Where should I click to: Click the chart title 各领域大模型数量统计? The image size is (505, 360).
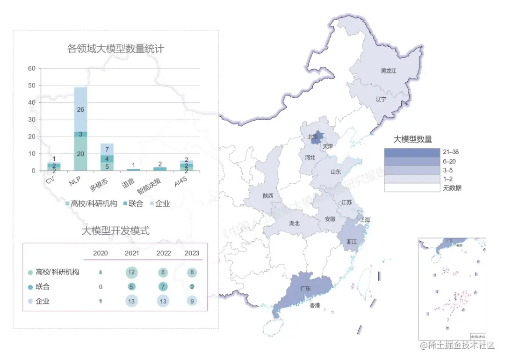(115, 49)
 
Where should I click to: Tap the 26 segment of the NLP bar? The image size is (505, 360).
(80, 109)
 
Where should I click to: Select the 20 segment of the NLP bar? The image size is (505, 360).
(80, 154)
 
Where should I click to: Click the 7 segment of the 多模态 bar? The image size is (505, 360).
(107, 150)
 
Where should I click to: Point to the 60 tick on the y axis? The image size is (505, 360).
(32, 68)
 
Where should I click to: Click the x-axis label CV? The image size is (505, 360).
(50, 180)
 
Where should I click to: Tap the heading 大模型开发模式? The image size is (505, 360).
(115, 230)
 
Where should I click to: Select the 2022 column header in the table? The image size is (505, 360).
(164, 253)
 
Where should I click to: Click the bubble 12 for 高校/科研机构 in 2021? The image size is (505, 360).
(131, 273)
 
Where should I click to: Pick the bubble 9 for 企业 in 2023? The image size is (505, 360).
(192, 302)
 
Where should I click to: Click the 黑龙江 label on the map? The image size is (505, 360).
(388, 71)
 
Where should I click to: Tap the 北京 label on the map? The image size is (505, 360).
(312, 137)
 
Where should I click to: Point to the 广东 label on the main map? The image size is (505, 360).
(305, 288)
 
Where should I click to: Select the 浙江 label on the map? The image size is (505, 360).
(352, 242)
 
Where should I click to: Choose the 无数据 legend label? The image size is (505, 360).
(452, 188)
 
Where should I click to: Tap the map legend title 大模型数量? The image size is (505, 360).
(412, 139)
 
